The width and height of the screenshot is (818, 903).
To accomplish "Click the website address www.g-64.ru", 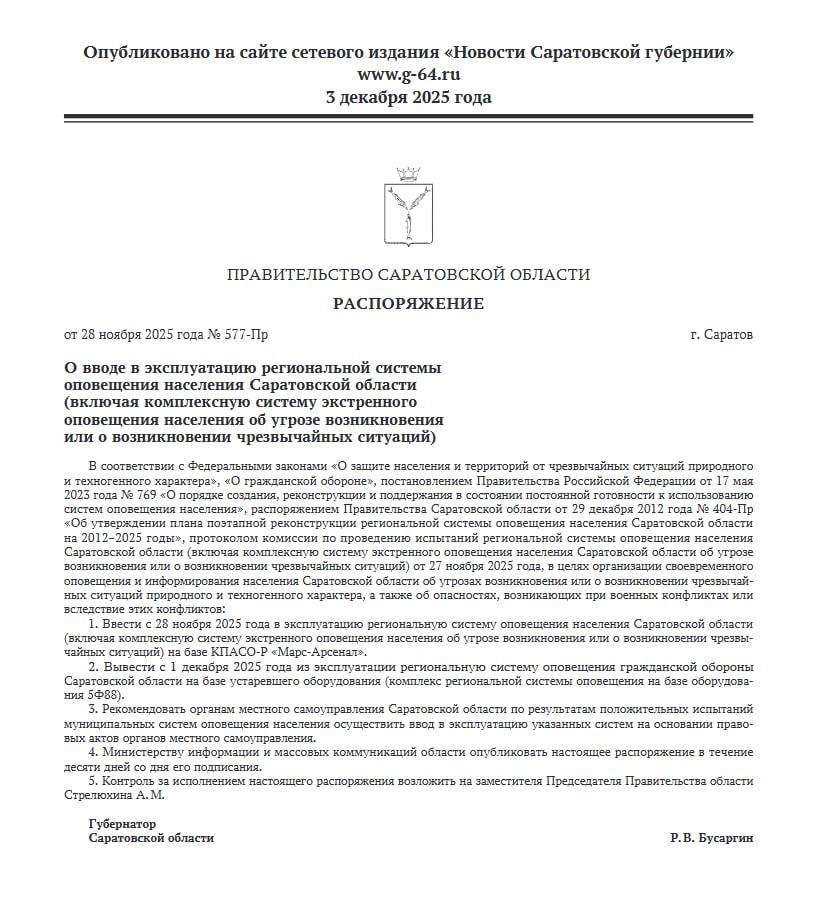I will tap(408, 74).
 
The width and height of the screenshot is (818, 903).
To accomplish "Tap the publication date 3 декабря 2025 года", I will tap(408, 97).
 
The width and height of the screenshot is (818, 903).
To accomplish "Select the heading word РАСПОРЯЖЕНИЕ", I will tap(408, 304).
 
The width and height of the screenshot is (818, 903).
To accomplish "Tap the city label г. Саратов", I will tap(722, 334).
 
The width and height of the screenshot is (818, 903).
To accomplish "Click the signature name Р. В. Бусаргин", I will tap(712, 838).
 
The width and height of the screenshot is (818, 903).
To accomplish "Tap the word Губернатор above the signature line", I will tap(123, 824).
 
